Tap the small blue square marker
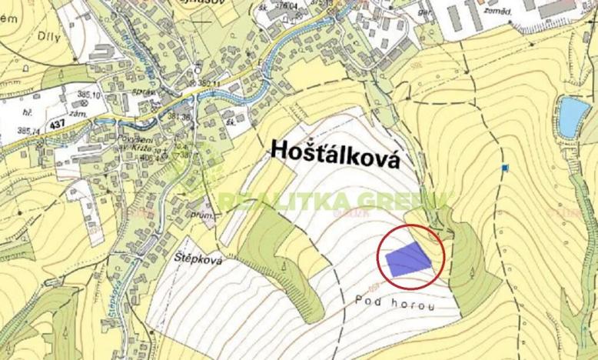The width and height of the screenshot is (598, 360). tap(505, 167)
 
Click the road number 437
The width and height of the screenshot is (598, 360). tap(35, 122)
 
